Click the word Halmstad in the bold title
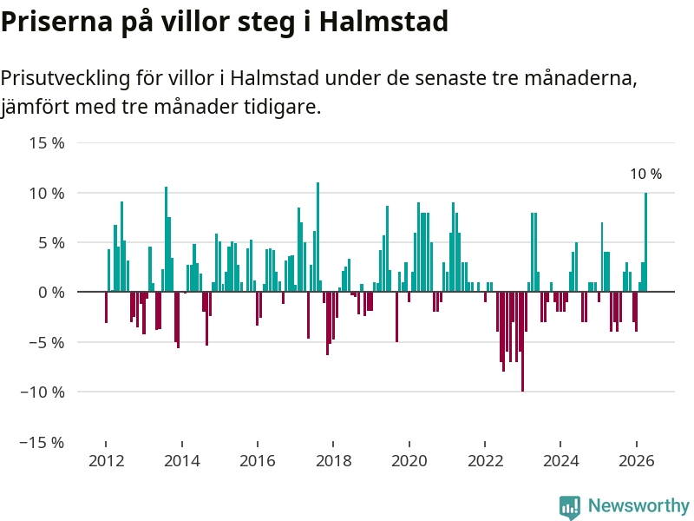point(383,21)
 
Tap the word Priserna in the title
point(56,21)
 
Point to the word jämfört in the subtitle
point(35,107)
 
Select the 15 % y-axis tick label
point(47,142)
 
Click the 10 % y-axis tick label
point(47,193)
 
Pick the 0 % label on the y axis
point(51,293)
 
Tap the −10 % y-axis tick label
point(43,392)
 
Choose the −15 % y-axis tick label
point(43,442)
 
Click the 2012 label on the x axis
point(106,461)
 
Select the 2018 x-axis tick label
point(333,461)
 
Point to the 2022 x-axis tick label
point(485,461)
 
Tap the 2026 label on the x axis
point(637,461)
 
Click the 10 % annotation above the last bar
point(646,175)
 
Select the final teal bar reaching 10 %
point(645,242)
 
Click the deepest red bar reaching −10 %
point(523,341)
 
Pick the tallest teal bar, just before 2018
point(318,237)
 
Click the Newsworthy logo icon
point(570,507)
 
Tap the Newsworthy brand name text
point(638,505)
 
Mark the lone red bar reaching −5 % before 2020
point(397,317)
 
